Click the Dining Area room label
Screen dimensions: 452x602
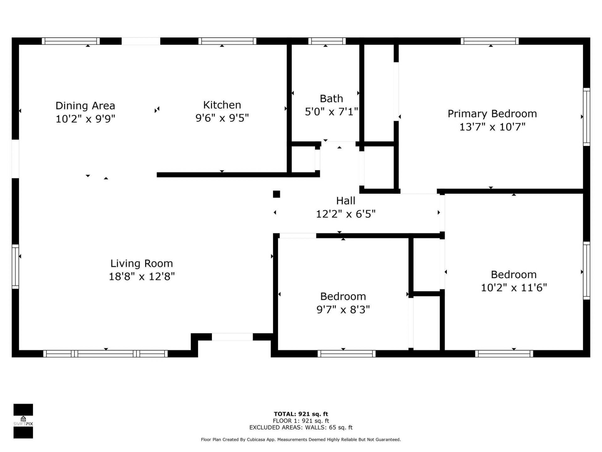pyautogui.click(x=85, y=106)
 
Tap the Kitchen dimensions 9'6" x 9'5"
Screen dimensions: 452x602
pyautogui.click(x=222, y=118)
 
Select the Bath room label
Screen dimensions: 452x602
pyautogui.click(x=331, y=99)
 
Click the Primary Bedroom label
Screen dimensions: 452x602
pyautogui.click(x=492, y=114)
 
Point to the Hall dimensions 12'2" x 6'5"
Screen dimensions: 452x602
pyautogui.click(x=346, y=214)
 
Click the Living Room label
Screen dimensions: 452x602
pyautogui.click(x=141, y=263)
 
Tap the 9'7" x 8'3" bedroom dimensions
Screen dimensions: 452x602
pyautogui.click(x=343, y=310)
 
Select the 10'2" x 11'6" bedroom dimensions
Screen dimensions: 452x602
pyautogui.click(x=514, y=288)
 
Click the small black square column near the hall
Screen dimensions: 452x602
pyautogui.click(x=276, y=194)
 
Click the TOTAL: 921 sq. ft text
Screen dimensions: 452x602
pyautogui.click(x=301, y=414)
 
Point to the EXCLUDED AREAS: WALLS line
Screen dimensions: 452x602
pyautogui.click(x=301, y=428)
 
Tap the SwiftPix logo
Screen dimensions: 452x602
pyautogui.click(x=23, y=421)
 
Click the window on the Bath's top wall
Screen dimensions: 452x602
pyautogui.click(x=327, y=41)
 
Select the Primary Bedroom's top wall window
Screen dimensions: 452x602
pyautogui.click(x=489, y=41)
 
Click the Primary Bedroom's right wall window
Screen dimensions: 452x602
pyautogui.click(x=586, y=117)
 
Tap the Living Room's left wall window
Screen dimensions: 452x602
pyautogui.click(x=15, y=266)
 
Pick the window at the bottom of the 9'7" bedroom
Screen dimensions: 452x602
pyautogui.click(x=346, y=354)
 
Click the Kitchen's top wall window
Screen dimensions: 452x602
pyautogui.click(x=227, y=41)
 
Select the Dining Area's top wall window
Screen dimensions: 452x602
pyautogui.click(x=71, y=41)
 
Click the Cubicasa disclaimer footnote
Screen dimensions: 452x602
pyautogui.click(x=301, y=440)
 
